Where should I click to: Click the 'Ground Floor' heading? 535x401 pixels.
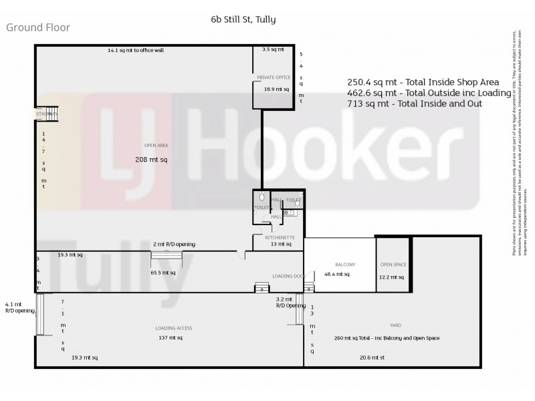[38, 27]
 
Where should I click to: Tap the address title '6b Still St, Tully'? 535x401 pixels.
[243, 19]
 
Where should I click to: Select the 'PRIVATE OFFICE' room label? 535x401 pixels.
[274, 78]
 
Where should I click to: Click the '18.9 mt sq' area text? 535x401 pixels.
[276, 89]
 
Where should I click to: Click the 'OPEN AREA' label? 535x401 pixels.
[154, 146]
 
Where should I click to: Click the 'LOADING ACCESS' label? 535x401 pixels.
[174, 328]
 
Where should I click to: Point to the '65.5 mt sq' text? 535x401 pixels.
[163, 273]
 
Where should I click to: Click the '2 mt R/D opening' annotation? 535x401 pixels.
[174, 245]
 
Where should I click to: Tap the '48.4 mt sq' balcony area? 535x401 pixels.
[338, 274]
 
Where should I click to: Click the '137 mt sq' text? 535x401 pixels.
[169, 338]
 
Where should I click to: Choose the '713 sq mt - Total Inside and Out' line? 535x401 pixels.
[414, 104]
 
